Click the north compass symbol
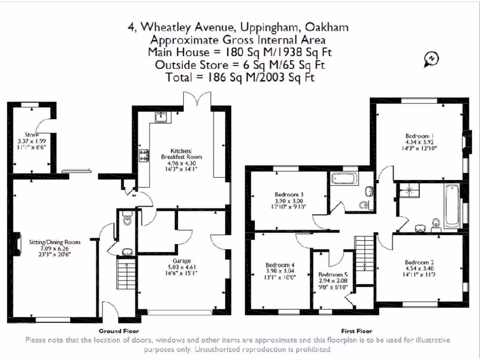pyautogui.click(x=431, y=59)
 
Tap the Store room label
pyautogui.click(x=32, y=135)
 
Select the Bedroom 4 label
pyautogui.click(x=280, y=264)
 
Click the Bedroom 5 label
pyautogui.click(x=333, y=274)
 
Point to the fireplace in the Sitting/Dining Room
pyautogui.click(x=17, y=243)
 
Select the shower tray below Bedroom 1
pyautogui.click(x=408, y=190)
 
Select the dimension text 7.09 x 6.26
pyautogui.click(x=55, y=248)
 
